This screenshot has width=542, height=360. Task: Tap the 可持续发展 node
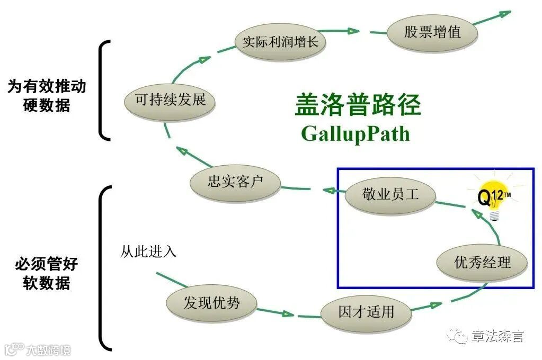point(170,100)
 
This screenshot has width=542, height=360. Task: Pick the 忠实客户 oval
point(235,183)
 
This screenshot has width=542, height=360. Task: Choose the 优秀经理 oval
point(482,262)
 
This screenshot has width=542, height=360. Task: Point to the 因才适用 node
point(366,311)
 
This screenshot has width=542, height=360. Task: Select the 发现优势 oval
point(211,303)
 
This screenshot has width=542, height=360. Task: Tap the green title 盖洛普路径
point(358,105)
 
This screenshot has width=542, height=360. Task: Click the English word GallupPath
point(356,133)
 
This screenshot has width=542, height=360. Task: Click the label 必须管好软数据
point(47,274)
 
